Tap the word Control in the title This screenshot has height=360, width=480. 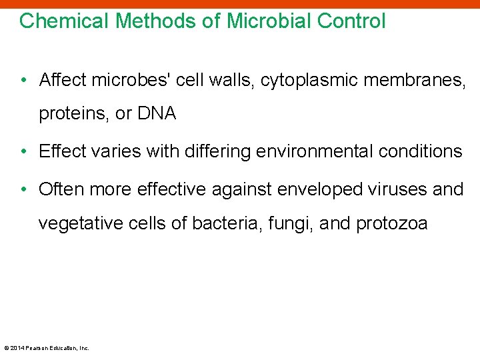pos(351,21)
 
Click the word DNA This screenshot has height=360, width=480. pos(157,114)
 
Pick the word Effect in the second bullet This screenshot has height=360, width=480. pos(61,151)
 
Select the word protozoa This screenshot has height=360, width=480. pos(391,223)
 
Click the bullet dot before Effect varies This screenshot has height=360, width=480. pos(24,152)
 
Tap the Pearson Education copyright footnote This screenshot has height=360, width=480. pos(47,347)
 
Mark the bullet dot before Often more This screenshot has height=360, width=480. pos(24,190)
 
